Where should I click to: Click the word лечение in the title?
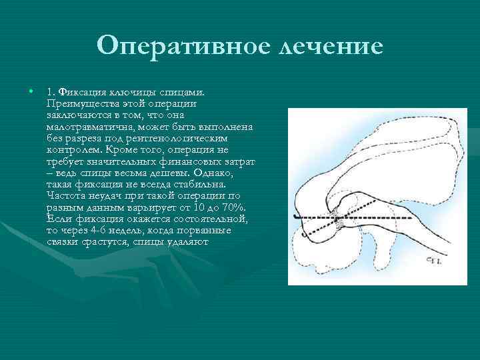click(329, 47)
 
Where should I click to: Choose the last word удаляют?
click(191, 241)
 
